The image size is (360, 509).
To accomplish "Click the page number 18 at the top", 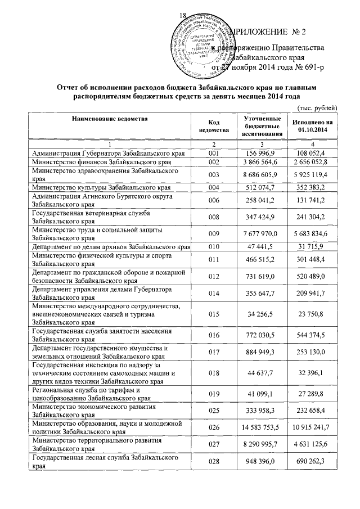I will pyautogui.click(x=183, y=15).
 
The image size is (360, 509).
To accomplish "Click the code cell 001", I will pyautogui.click(x=213, y=153).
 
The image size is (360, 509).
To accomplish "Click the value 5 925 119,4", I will pyautogui.click(x=313, y=175).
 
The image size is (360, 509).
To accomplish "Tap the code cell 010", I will pyautogui.click(x=213, y=247).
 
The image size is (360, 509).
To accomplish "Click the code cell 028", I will pyautogui.click(x=213, y=463).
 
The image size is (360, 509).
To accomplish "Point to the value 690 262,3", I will pyautogui.click(x=313, y=463).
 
